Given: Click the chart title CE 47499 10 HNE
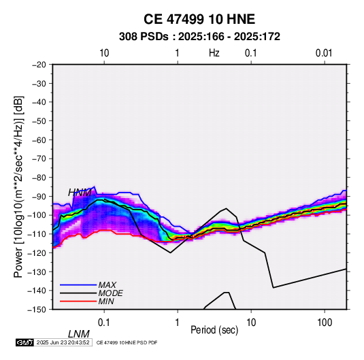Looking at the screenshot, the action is [x=199, y=19].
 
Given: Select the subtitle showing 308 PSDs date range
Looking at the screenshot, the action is [x=199, y=37].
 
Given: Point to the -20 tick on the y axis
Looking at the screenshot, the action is [x=39, y=65].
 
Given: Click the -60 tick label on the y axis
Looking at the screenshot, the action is [x=39, y=140].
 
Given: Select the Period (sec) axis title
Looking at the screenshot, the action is [x=214, y=330].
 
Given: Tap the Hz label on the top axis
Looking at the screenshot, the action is [x=214, y=53].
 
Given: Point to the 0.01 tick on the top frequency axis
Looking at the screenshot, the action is [x=324, y=53].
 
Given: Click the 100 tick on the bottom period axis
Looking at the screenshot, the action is [x=325, y=323].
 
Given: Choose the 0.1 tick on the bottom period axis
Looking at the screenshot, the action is [x=104, y=323].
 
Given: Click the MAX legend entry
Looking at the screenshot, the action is [x=107, y=285].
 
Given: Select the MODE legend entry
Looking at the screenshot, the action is [x=110, y=293].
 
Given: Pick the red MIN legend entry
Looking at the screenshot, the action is [x=106, y=301].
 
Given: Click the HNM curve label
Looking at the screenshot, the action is [x=80, y=193].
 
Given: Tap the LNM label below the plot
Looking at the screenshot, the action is [x=79, y=334].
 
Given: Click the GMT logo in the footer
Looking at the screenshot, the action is [x=25, y=342].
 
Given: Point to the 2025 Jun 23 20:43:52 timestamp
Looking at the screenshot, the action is [x=63, y=342].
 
